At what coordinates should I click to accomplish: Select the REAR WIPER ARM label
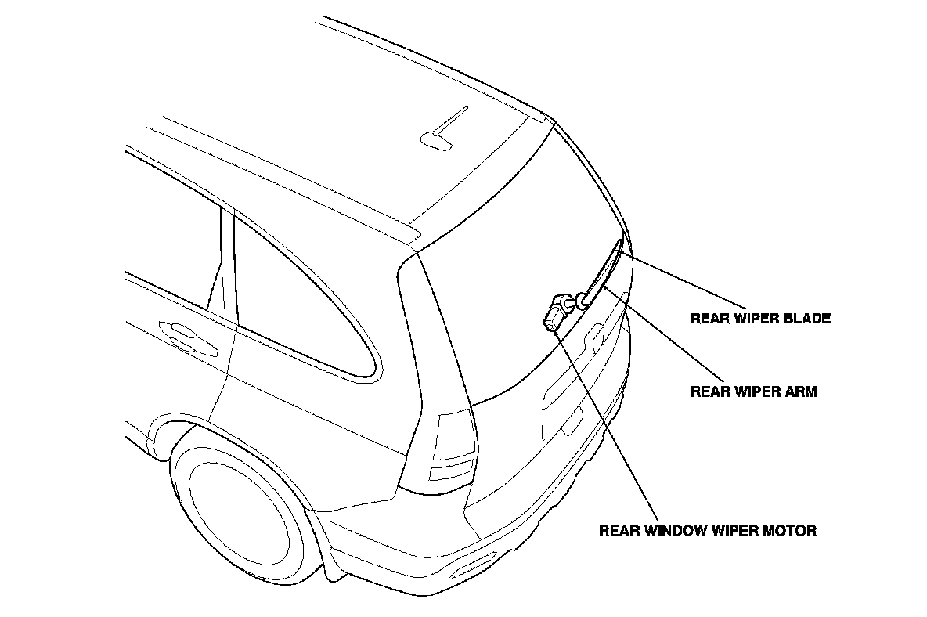pyautogui.click(x=753, y=391)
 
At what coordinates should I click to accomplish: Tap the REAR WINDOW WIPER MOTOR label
pyautogui.click(x=707, y=530)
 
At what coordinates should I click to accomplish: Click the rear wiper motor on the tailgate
pyautogui.click(x=557, y=310)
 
